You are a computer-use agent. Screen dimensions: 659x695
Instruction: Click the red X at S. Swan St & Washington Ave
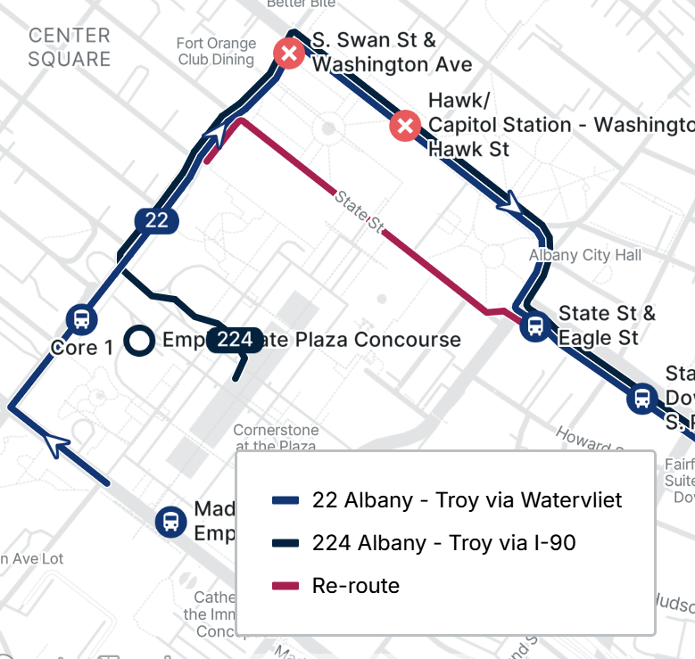tap(289, 54)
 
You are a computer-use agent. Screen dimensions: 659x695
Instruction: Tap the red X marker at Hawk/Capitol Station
tap(406, 126)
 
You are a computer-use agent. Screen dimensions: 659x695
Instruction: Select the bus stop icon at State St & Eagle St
tap(535, 325)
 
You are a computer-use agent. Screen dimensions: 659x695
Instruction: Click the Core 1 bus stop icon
tap(81, 318)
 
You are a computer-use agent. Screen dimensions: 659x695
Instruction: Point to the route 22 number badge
tap(157, 220)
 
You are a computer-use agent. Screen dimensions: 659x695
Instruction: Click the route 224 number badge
tap(235, 340)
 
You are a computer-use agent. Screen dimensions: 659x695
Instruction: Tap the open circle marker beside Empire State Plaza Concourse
tap(138, 340)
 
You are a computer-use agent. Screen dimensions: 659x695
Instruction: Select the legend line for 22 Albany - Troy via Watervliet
tap(285, 500)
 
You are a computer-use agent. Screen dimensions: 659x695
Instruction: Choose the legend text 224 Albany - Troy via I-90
tap(443, 542)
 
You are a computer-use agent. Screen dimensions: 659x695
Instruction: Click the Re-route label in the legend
tap(355, 586)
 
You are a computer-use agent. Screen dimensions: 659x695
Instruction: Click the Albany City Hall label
tap(584, 255)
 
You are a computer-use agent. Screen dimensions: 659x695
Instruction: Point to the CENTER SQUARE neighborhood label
tap(70, 47)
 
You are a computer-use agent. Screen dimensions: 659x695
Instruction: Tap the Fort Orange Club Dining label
tap(216, 52)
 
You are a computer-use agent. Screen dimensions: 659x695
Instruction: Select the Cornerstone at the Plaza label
tap(276, 438)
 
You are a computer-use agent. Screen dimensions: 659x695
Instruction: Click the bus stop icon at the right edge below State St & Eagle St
tap(641, 399)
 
